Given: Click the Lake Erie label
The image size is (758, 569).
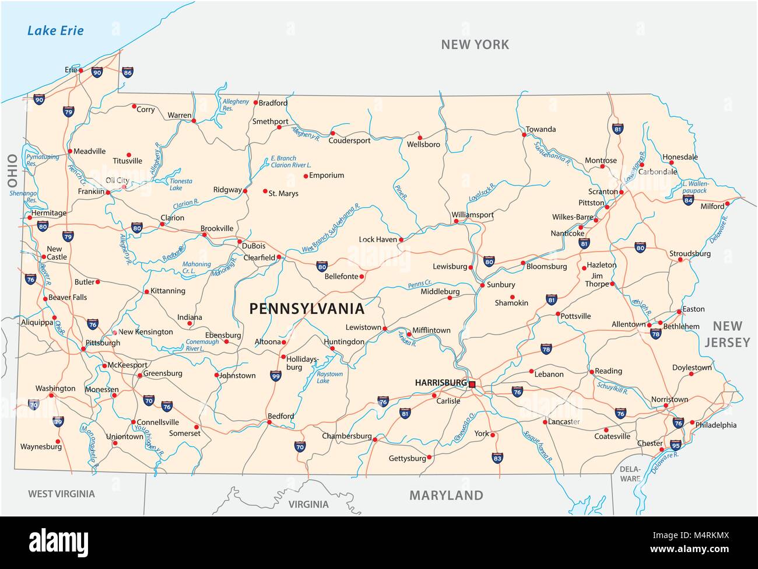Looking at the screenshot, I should (55, 30).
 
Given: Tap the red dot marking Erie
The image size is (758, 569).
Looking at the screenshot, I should (81, 71).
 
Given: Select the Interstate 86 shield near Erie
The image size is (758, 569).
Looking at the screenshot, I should (128, 72).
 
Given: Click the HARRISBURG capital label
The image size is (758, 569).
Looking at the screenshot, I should (440, 383).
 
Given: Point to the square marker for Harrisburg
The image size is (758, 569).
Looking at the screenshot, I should (472, 384).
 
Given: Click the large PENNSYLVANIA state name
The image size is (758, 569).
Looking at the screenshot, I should (307, 309).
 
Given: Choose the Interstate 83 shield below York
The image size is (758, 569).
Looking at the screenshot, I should (497, 458).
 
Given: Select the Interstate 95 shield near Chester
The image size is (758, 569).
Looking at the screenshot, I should (675, 445).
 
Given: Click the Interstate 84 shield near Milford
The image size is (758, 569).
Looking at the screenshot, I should (688, 200).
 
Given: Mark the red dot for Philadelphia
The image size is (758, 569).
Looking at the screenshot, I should (692, 423).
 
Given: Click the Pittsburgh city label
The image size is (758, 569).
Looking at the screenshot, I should (103, 343).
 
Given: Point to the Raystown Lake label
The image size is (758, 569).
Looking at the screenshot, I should (329, 378).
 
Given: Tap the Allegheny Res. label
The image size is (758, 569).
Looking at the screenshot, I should (236, 105).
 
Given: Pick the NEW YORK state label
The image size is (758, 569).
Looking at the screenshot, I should (475, 44).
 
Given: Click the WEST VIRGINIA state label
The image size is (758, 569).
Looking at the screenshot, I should (61, 494).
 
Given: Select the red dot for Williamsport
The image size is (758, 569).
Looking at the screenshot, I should (456, 221).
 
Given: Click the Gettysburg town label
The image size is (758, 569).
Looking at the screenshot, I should (408, 458).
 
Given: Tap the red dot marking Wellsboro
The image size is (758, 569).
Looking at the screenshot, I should (419, 138).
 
